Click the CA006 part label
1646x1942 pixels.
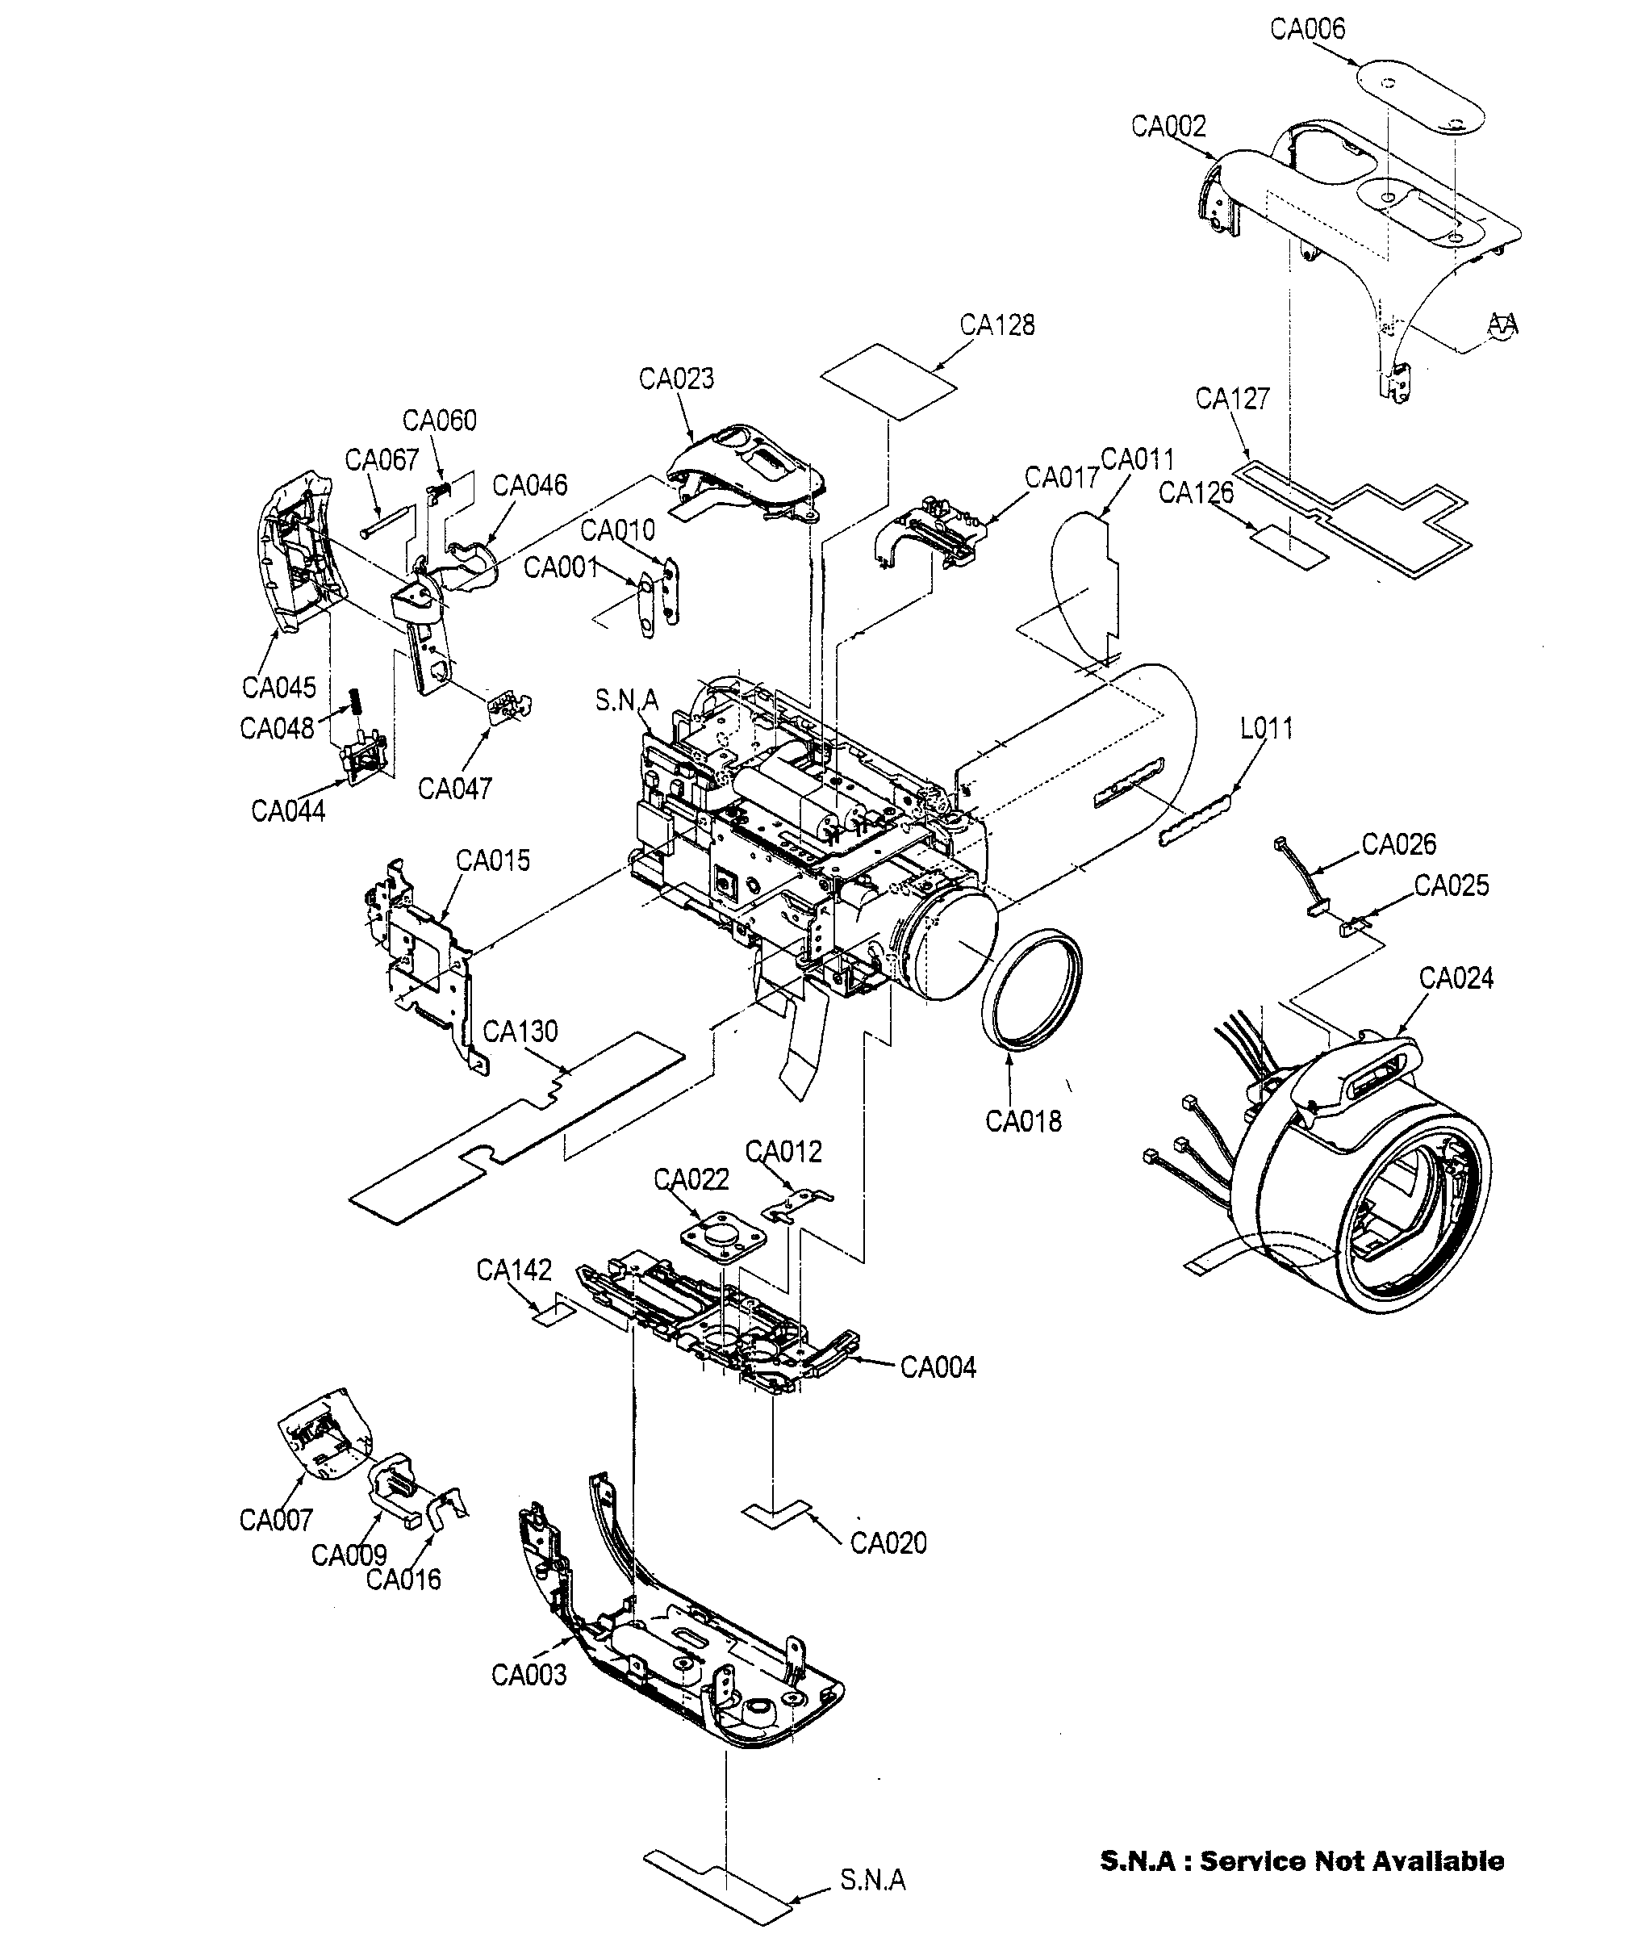(1307, 30)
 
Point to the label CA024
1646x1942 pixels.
(1456, 978)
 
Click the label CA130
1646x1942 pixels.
(520, 1032)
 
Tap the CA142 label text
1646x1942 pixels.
(513, 1270)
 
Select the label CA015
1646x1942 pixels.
(493, 860)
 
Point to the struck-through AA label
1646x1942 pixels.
(1502, 324)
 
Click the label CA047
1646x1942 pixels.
(454, 789)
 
